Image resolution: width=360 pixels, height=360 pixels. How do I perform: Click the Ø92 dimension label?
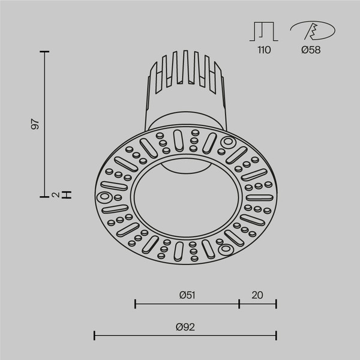(x=185, y=327)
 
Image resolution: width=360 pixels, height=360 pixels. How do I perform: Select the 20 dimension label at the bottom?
(x=257, y=295)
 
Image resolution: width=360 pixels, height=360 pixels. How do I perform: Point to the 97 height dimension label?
(x=35, y=125)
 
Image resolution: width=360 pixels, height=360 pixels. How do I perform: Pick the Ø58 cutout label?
(x=310, y=50)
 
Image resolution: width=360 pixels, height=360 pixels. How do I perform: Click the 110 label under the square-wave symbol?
(x=264, y=50)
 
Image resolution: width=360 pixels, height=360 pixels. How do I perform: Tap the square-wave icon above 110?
(x=264, y=32)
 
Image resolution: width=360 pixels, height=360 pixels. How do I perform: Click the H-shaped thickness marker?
(x=67, y=194)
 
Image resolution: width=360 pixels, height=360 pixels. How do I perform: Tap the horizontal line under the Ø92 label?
(x=185, y=335)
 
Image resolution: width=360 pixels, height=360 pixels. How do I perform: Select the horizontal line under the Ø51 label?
(x=187, y=304)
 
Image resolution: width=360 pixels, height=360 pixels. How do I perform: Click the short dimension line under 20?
(x=257, y=304)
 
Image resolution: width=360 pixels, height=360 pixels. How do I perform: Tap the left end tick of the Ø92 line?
(x=95, y=335)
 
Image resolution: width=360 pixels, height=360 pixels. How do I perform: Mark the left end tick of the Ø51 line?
(x=135, y=304)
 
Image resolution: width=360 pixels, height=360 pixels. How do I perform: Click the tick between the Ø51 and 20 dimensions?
(x=239, y=304)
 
